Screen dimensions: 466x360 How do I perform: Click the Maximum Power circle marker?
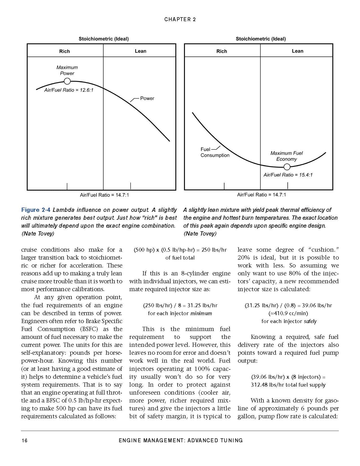[x=67, y=81]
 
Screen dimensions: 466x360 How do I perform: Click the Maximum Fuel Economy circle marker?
[x=287, y=167]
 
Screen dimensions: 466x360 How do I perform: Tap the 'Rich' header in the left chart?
[x=64, y=51]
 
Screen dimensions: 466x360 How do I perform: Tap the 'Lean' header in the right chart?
[x=297, y=51]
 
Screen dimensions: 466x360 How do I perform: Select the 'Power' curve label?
[x=147, y=98]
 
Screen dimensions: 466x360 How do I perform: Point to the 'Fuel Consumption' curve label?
[x=215, y=152]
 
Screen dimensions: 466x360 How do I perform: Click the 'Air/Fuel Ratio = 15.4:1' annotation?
[x=288, y=175]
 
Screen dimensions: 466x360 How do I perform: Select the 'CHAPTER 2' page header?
[x=180, y=19]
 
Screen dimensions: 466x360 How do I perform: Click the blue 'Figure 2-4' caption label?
[x=36, y=210]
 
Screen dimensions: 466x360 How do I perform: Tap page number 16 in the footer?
[x=25, y=440]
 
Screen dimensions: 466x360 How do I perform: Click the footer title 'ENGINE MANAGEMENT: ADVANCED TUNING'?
[x=180, y=440]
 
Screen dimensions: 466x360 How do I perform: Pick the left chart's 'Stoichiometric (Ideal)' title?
[x=103, y=39]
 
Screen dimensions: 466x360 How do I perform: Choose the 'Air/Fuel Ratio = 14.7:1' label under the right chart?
[x=261, y=195]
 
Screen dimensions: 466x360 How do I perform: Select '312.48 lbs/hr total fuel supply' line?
[x=288, y=385]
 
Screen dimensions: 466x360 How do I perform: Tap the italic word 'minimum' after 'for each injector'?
[x=201, y=313]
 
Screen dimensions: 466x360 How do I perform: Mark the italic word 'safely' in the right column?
[x=310, y=321]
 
